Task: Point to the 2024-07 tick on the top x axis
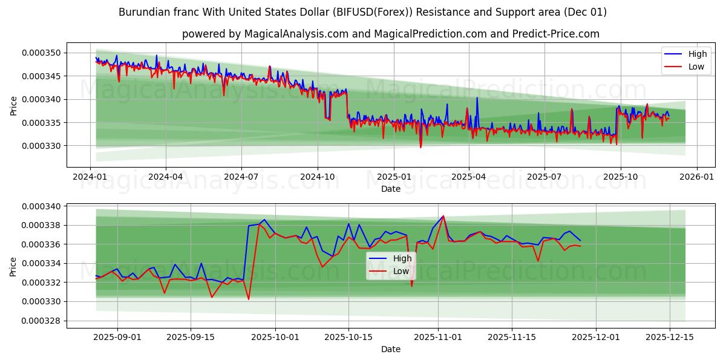[x=241, y=177]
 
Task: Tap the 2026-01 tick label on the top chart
[x=696, y=177]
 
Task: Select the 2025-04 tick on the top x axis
[x=469, y=177]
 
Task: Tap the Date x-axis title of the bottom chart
[x=391, y=349]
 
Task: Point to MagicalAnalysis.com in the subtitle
[x=296, y=34]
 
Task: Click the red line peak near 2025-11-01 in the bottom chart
[x=443, y=216]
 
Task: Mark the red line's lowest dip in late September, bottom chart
[x=249, y=299]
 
